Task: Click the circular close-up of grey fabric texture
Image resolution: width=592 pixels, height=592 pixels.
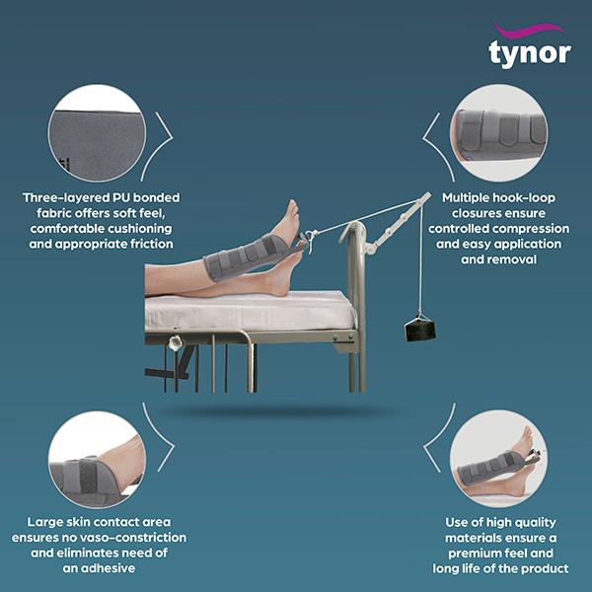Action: pos(96,133)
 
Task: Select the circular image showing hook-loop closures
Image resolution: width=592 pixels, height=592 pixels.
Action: pos(496,133)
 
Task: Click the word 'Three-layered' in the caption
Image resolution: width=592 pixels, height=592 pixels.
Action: pos(65,198)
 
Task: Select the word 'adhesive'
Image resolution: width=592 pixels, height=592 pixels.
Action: pos(111,569)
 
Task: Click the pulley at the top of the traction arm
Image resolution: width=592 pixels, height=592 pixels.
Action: pos(426,197)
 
